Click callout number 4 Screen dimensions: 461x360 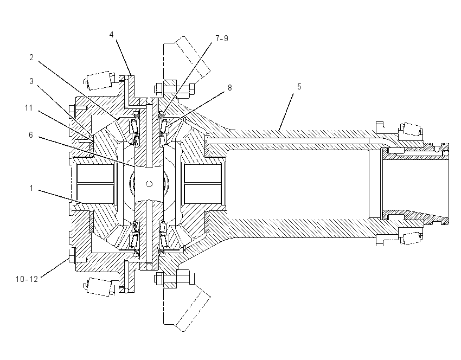tap(111, 35)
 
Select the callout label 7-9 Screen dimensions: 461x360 tap(222, 38)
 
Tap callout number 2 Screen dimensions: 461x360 tap(31, 57)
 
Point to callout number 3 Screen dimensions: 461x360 tap(31, 81)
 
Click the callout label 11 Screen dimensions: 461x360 tap(29, 108)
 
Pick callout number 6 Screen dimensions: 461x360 tap(31, 135)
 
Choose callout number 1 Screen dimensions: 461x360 tap(31, 188)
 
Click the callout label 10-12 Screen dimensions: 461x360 tap(27, 279)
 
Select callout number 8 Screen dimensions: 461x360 tap(229, 88)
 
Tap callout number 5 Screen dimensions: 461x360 tap(299, 87)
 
